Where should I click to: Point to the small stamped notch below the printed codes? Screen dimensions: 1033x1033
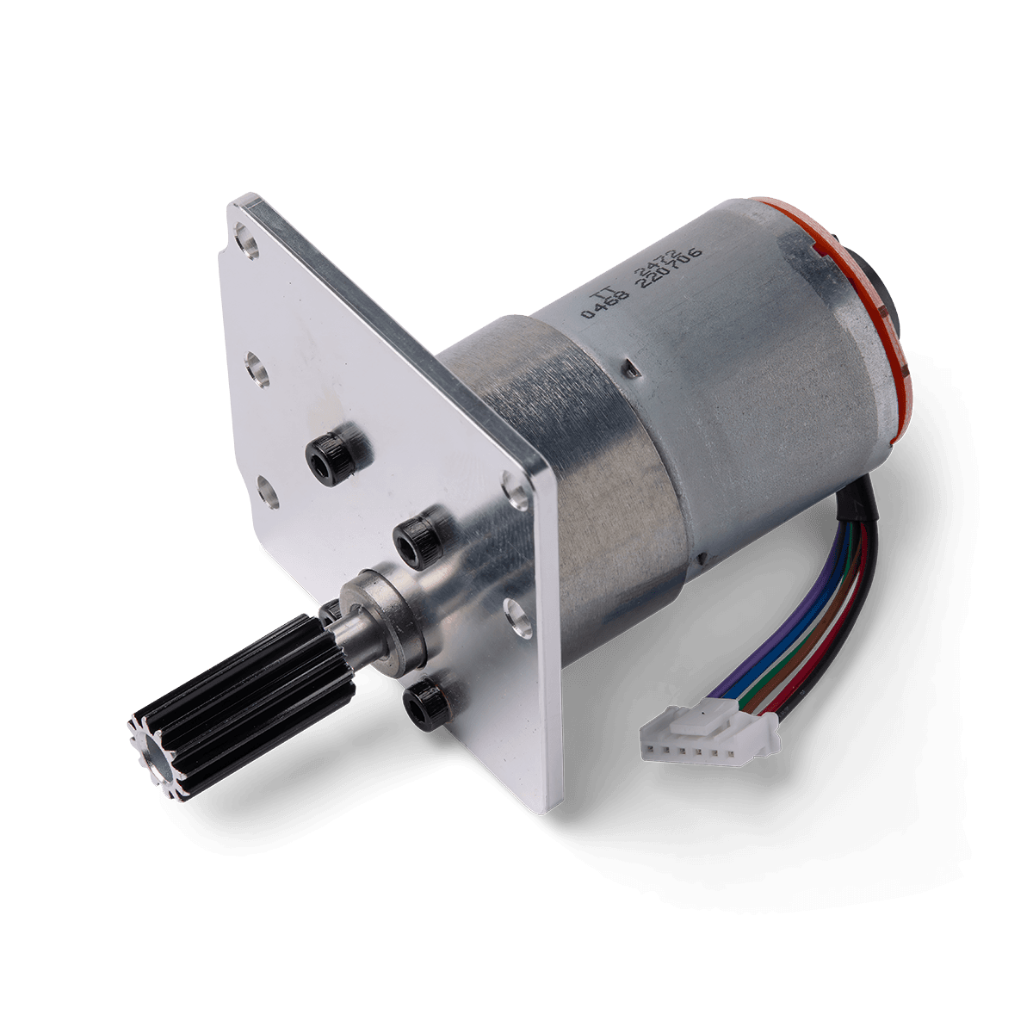point(631,370)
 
